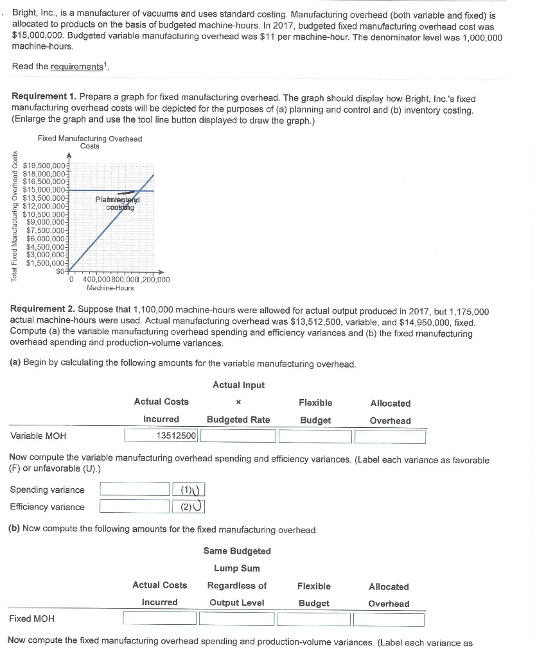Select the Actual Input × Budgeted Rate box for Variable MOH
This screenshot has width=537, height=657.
(239, 437)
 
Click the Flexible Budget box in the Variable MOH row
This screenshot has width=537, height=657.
(315, 437)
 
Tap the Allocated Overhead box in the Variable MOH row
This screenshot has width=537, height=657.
(390, 437)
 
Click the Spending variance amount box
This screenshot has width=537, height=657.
(134, 490)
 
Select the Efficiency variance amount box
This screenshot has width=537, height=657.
(134, 507)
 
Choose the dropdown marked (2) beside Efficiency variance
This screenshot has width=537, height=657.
(189, 507)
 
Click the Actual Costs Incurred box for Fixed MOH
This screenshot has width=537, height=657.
(159, 619)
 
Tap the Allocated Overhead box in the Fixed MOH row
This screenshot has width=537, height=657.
(389, 619)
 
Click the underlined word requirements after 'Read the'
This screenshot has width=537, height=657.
(82, 67)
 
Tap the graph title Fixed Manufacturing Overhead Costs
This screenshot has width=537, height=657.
(90, 142)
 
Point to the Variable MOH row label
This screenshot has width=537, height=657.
(39, 437)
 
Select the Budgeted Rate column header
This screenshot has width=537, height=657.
(238, 420)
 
